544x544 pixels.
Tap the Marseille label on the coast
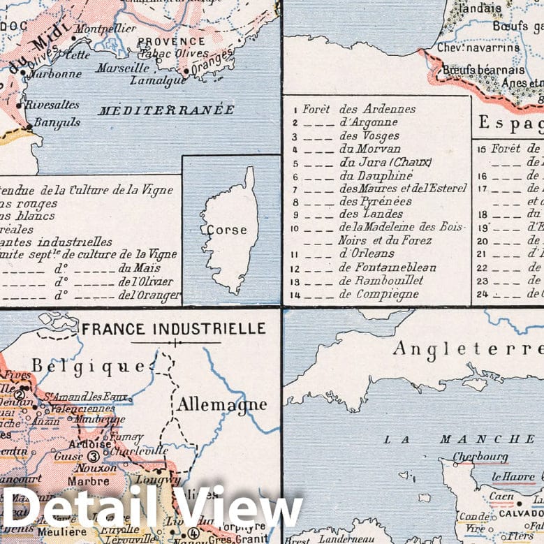pyautogui.click(x=123, y=68)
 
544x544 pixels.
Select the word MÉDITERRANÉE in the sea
pyautogui.click(x=166, y=110)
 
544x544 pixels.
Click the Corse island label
pyautogui.click(x=222, y=229)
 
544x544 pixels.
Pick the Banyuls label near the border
pyautogui.click(x=58, y=122)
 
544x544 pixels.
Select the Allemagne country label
pyautogui.click(x=212, y=404)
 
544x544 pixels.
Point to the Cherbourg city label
pyautogui.click(x=479, y=457)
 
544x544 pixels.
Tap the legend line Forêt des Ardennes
pyautogui.click(x=358, y=109)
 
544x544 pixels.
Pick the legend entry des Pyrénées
pyautogui.click(x=375, y=201)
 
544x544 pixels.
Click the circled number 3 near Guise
pyautogui.click(x=94, y=457)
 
